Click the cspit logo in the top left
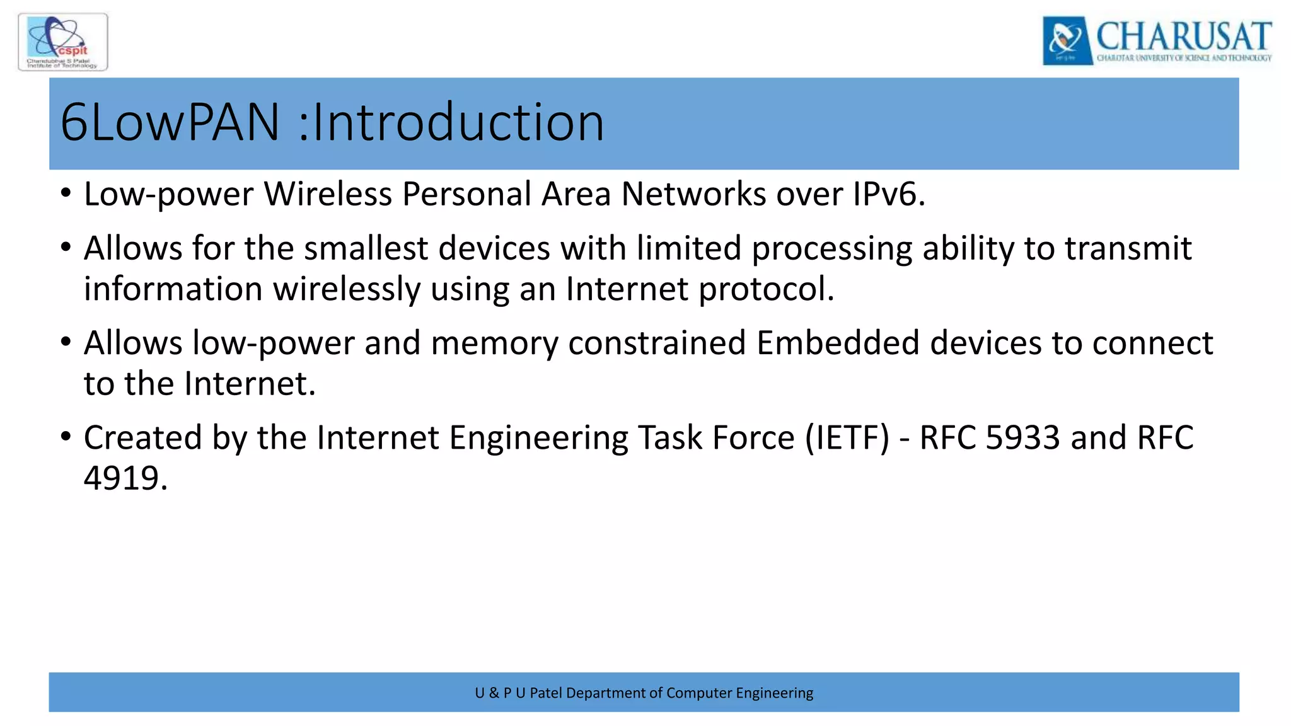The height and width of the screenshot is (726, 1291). [63, 42]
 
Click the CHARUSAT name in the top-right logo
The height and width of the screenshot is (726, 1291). [1183, 36]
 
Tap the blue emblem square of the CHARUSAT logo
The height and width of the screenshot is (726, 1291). [1067, 41]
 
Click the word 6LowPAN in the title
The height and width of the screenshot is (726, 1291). [170, 122]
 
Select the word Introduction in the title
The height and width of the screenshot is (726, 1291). [458, 122]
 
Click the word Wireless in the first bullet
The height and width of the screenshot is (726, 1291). [328, 193]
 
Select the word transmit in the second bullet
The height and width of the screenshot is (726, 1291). [1128, 248]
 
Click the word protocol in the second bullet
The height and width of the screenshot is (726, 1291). [766, 289]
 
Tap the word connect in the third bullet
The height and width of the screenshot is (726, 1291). [1152, 343]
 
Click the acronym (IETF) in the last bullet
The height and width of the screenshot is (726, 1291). [847, 437]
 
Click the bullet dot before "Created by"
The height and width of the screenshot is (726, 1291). [66, 436]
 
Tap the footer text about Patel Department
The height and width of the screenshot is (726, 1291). [644, 693]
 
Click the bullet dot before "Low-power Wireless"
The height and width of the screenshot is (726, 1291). [66, 193]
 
